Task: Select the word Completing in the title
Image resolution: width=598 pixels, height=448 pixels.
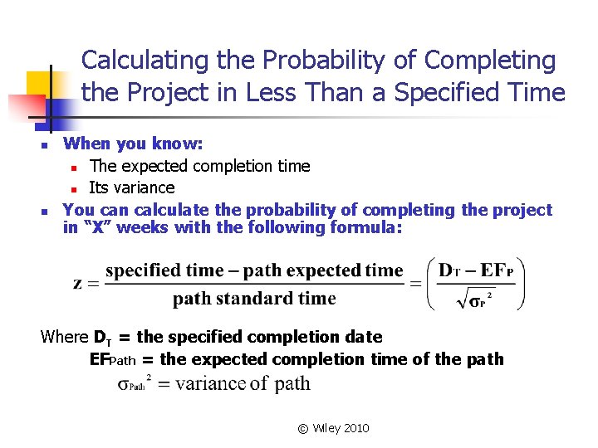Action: [x=490, y=61]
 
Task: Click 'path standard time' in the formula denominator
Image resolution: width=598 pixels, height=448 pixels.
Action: [x=254, y=299]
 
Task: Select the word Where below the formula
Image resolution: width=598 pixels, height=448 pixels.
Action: [x=64, y=338]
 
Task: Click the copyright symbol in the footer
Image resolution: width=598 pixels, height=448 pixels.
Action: [x=302, y=428]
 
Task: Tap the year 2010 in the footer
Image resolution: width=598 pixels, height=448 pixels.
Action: [x=355, y=428]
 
